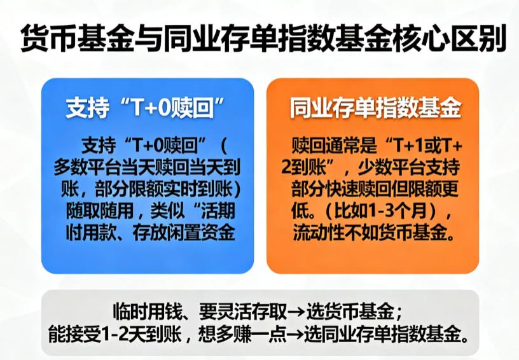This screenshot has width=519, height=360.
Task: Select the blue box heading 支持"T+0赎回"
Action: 148,109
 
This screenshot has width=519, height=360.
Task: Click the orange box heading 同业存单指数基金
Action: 375,109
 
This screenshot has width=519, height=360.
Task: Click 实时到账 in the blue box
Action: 191,190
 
